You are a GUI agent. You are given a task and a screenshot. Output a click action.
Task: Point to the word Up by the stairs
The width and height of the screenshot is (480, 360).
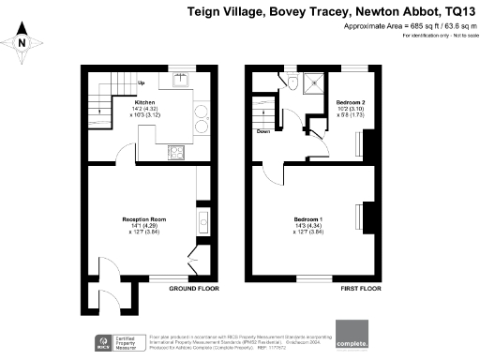click(x=142, y=83)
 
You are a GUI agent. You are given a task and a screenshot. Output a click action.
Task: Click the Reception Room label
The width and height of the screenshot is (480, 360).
click(x=143, y=219)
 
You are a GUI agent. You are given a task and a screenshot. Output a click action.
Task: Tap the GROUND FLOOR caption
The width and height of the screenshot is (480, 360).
click(x=195, y=289)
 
